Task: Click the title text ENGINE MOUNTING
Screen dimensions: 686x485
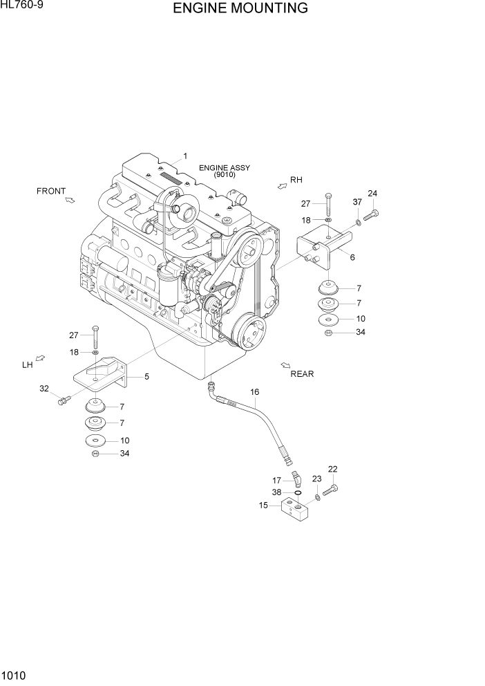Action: pyautogui.click(x=240, y=8)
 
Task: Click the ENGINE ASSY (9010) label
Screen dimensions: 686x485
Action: pyautogui.click(x=225, y=171)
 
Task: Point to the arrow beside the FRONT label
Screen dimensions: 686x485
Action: pyautogui.click(x=70, y=201)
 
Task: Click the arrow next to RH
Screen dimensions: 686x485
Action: pyautogui.click(x=282, y=185)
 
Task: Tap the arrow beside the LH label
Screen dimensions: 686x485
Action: pyautogui.click(x=40, y=358)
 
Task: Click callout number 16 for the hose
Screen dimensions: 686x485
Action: pyautogui.click(x=254, y=392)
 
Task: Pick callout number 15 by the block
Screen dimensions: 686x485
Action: pyautogui.click(x=263, y=506)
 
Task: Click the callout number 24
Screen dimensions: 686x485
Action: pyautogui.click(x=372, y=194)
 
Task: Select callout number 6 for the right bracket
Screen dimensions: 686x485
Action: pyautogui.click(x=352, y=257)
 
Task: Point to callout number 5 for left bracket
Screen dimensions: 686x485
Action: pyautogui.click(x=146, y=377)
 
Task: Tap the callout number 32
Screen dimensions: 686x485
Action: pyautogui.click(x=44, y=389)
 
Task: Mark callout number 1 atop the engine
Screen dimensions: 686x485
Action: pyautogui.click(x=185, y=156)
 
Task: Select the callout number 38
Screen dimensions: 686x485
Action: pyautogui.click(x=276, y=492)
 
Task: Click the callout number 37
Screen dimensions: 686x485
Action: pyautogui.click(x=357, y=202)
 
